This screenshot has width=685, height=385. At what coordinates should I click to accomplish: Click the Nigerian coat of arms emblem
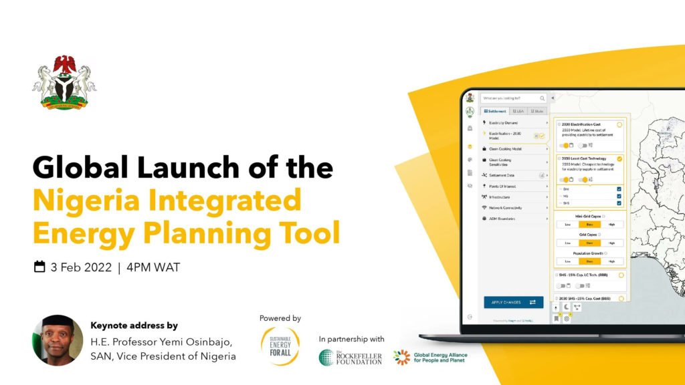[x=64, y=82]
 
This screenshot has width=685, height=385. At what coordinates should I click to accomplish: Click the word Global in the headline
[x=76, y=167]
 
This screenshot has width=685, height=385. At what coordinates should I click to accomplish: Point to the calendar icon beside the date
[x=39, y=267]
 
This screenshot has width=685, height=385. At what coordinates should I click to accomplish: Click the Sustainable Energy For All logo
[x=280, y=346]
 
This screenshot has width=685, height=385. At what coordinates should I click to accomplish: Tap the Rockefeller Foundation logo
[x=351, y=358]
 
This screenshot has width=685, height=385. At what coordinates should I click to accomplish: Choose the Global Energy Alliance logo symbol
[x=401, y=358]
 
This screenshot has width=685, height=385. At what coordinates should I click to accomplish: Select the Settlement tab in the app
[x=494, y=111]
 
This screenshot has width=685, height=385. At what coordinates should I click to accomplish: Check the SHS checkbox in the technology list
[x=619, y=203]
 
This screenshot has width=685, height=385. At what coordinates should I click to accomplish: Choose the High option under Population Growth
[x=611, y=261]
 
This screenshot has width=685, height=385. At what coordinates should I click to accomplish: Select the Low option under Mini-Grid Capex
[x=567, y=225]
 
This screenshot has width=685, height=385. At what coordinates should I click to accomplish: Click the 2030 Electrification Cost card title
[x=581, y=124]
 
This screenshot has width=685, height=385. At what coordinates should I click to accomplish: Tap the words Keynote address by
[x=134, y=326]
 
